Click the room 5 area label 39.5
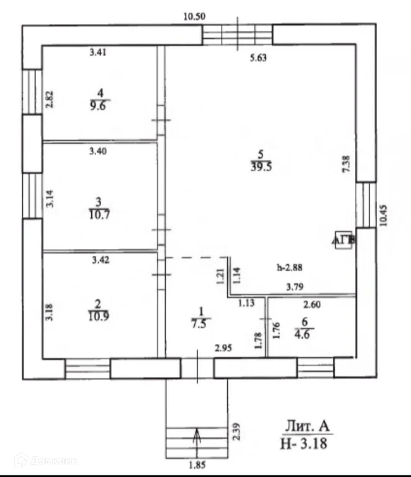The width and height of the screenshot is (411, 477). point(261,166)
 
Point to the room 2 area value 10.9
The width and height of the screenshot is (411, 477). point(98,316)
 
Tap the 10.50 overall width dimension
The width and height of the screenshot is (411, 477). point(194,16)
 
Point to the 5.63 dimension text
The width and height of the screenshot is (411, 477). point(258,58)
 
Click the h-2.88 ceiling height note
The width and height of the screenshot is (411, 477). point(289,268)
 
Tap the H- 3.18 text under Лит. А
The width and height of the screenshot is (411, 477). point(304,443)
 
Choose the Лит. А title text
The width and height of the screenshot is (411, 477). point(307,426)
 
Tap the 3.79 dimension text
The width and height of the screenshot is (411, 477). point(295,287)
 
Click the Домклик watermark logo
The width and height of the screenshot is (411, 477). point(46,461)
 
